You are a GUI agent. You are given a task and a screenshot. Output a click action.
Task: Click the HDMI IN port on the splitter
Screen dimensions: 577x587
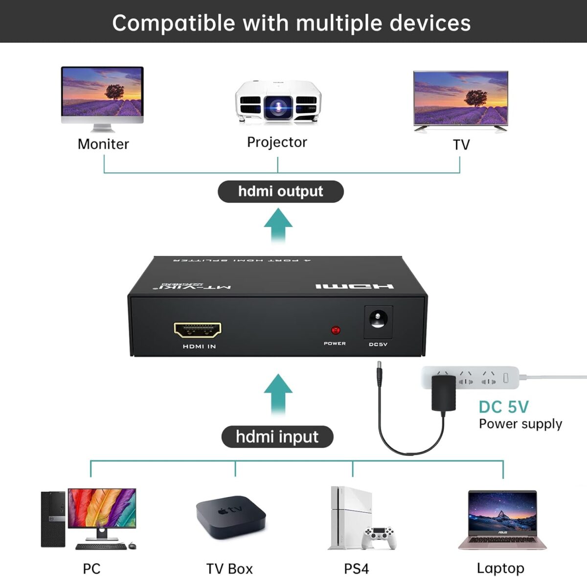pyautogui.click(x=198, y=330)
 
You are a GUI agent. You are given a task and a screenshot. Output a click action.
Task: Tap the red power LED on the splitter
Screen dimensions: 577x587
pyautogui.click(x=336, y=330)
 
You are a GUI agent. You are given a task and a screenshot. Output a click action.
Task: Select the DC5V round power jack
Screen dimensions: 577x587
pyautogui.click(x=378, y=321)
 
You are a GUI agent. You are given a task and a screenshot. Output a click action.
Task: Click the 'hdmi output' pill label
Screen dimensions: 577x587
pyautogui.click(x=280, y=191)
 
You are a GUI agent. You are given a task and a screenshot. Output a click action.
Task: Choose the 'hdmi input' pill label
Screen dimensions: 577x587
pyautogui.click(x=277, y=437)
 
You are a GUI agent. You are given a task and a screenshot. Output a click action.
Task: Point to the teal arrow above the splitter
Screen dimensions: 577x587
pyautogui.click(x=278, y=225)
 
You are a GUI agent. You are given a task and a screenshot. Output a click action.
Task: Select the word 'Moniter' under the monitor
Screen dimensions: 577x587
pyautogui.click(x=103, y=144)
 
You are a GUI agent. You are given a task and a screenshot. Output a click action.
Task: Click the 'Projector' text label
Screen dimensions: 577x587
pyautogui.click(x=277, y=142)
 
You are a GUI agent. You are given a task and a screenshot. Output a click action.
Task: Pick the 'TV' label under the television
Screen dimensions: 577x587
pyautogui.click(x=461, y=145)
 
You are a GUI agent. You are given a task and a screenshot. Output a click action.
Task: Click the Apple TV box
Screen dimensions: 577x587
pyautogui.click(x=230, y=517)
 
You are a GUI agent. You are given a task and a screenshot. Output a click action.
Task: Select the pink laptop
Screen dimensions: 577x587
pyautogui.click(x=502, y=520)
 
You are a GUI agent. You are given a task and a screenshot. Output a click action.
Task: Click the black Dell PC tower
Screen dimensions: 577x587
pyautogui.click(x=53, y=519)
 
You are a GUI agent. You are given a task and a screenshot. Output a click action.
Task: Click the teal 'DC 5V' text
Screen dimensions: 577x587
pyautogui.click(x=503, y=407)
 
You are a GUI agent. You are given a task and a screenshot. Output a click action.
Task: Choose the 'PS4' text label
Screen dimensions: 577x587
pyautogui.click(x=356, y=569)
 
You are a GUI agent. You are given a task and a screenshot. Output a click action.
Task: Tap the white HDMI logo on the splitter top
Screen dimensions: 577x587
pyautogui.click(x=354, y=286)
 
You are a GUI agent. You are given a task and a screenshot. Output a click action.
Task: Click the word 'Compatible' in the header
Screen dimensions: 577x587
pyautogui.click(x=174, y=23)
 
